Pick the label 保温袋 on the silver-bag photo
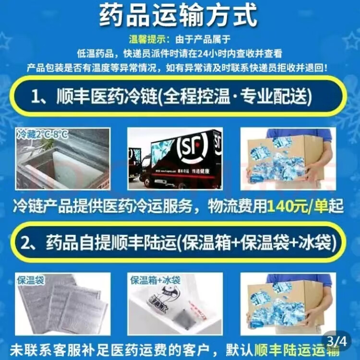pos(31,280)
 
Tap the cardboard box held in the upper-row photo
pos(283,158)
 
